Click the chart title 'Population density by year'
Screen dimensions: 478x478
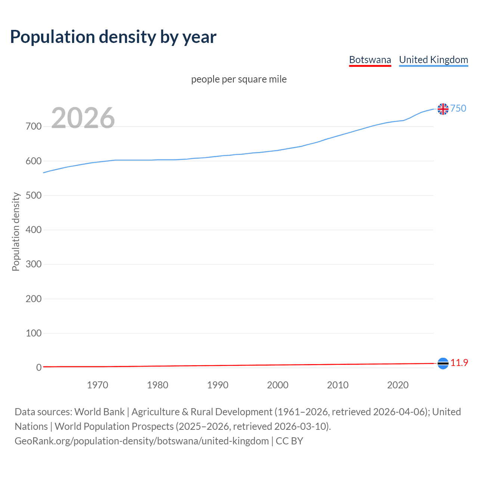point(113,37)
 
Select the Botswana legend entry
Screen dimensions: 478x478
point(370,60)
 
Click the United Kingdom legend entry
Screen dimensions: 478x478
point(433,60)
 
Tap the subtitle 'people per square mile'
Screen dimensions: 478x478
point(239,79)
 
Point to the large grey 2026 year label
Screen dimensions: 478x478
point(83,118)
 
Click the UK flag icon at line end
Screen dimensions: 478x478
point(443,109)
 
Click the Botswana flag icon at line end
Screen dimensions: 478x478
point(443,363)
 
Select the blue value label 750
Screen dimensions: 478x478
point(458,108)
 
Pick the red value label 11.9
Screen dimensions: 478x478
point(459,363)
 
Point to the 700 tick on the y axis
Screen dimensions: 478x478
point(34,127)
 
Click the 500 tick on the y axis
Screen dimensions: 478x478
point(34,195)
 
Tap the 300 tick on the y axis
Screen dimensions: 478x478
point(34,264)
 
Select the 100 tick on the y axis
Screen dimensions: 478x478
point(34,333)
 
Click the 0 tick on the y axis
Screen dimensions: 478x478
point(39,367)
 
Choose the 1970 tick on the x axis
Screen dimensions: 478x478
point(97,385)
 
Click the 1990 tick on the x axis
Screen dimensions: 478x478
point(218,385)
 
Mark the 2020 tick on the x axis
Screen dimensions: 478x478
point(398,385)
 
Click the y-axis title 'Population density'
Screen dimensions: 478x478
point(16,232)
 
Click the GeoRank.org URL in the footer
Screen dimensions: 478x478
point(142,441)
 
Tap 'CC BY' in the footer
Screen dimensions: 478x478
point(289,441)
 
